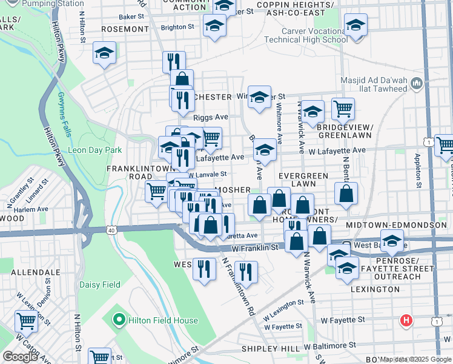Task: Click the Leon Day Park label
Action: coord(95,150)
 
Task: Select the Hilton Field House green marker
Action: coord(119,320)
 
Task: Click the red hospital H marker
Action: coord(406,320)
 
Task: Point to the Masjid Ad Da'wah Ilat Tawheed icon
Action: coord(415,83)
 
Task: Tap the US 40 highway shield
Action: coord(110,230)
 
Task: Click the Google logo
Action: coord(20,357)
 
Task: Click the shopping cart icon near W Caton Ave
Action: coord(25,320)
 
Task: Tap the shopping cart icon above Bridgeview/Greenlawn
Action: coord(343,109)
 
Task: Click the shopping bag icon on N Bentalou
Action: coord(346,194)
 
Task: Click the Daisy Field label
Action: coord(99,285)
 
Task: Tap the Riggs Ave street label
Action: coord(210,117)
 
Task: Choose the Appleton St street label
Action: coord(418,170)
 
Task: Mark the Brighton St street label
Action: coord(177,27)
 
